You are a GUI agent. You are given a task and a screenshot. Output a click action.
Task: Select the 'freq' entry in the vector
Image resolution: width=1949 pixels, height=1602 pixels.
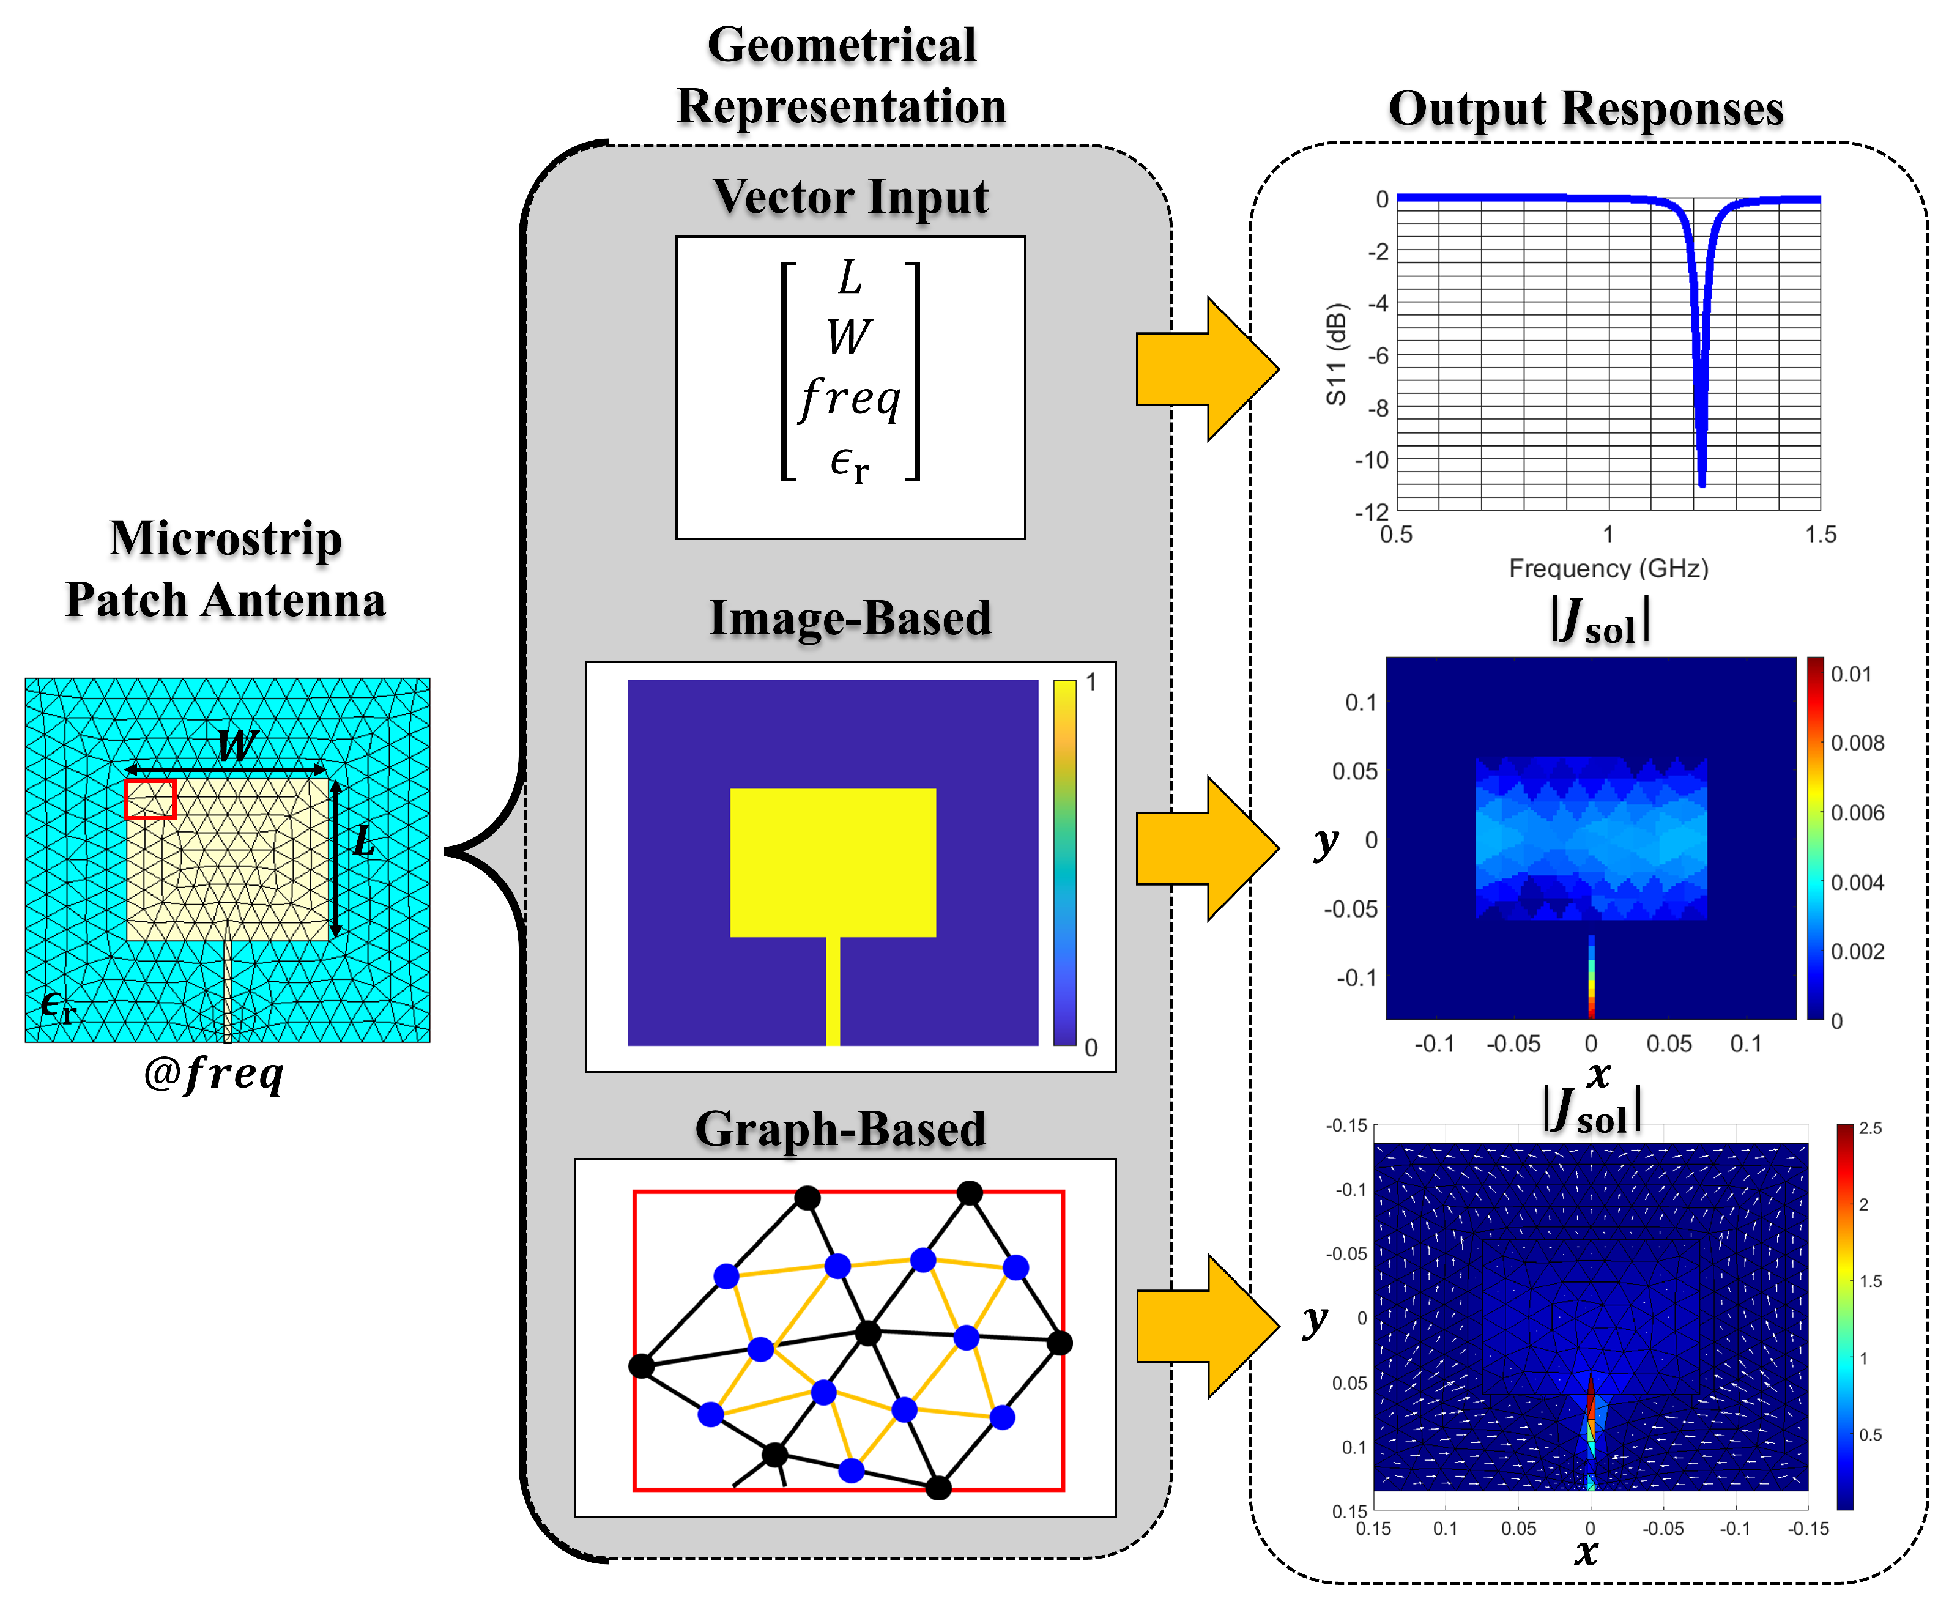[850, 399]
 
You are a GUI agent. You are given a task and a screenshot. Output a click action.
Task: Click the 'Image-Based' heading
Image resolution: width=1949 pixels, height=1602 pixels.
[850, 618]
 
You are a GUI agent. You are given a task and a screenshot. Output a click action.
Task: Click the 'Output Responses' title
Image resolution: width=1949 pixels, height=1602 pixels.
[1586, 109]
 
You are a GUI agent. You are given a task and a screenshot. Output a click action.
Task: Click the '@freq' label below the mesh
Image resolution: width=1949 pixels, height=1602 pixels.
[214, 1074]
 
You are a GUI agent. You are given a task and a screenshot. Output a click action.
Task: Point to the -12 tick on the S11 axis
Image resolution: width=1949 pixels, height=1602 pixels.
[1372, 512]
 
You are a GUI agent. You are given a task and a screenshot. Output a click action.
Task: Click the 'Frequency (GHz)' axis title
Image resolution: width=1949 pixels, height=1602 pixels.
[1608, 568]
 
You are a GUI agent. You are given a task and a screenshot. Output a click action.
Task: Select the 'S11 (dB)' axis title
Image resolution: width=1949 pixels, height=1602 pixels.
[1335, 354]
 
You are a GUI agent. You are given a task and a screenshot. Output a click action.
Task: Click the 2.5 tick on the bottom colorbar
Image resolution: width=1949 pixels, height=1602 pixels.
[1869, 1129]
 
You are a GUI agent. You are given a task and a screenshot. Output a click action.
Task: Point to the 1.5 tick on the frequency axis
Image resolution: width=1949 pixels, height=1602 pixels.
[1820, 535]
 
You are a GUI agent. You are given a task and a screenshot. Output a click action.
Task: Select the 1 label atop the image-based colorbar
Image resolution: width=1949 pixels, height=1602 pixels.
[1091, 683]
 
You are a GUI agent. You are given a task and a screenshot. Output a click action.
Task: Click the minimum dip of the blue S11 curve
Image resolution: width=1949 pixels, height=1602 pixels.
[1702, 482]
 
